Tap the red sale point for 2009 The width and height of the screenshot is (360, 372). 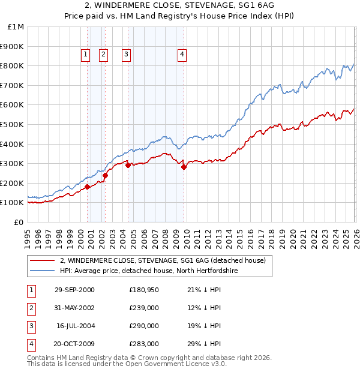pos(184,167)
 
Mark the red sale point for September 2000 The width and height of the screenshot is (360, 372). pos(88,187)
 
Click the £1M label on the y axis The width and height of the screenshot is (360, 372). pos(16,27)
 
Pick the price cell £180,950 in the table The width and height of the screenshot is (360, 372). pos(143,290)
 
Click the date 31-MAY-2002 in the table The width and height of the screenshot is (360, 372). pos(74,308)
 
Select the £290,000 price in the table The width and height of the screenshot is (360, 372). pos(143,326)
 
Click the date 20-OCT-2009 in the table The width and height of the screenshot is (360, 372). pos(74,344)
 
